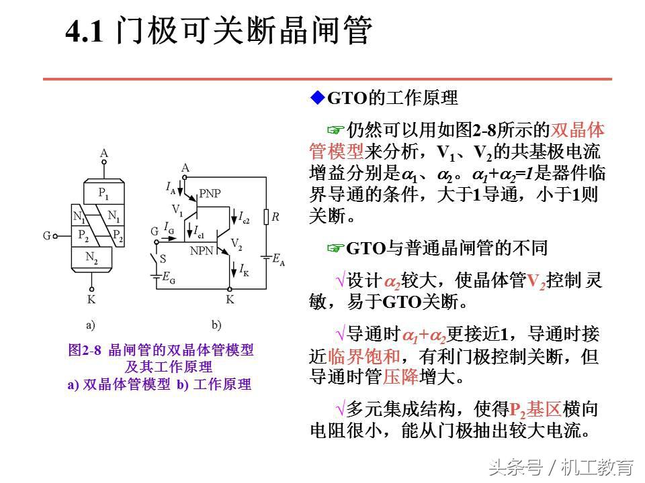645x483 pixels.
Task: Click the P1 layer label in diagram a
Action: tap(103, 193)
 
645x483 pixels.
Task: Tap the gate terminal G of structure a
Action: tap(54, 235)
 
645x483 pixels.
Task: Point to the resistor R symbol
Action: tap(266, 217)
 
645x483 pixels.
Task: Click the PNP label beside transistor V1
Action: tap(210, 194)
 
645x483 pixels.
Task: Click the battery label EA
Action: tap(278, 260)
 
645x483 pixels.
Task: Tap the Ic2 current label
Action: tap(244, 216)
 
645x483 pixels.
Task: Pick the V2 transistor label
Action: tap(236, 243)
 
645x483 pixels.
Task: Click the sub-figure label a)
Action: tap(91, 325)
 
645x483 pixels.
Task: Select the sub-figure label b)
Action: tap(216, 325)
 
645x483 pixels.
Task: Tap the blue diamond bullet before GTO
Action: tap(316, 98)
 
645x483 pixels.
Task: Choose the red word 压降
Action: tap(401, 377)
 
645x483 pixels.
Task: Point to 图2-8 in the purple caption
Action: tap(84, 350)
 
